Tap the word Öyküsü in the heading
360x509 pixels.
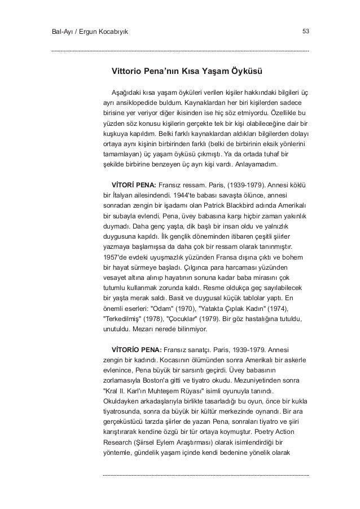click(244, 72)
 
